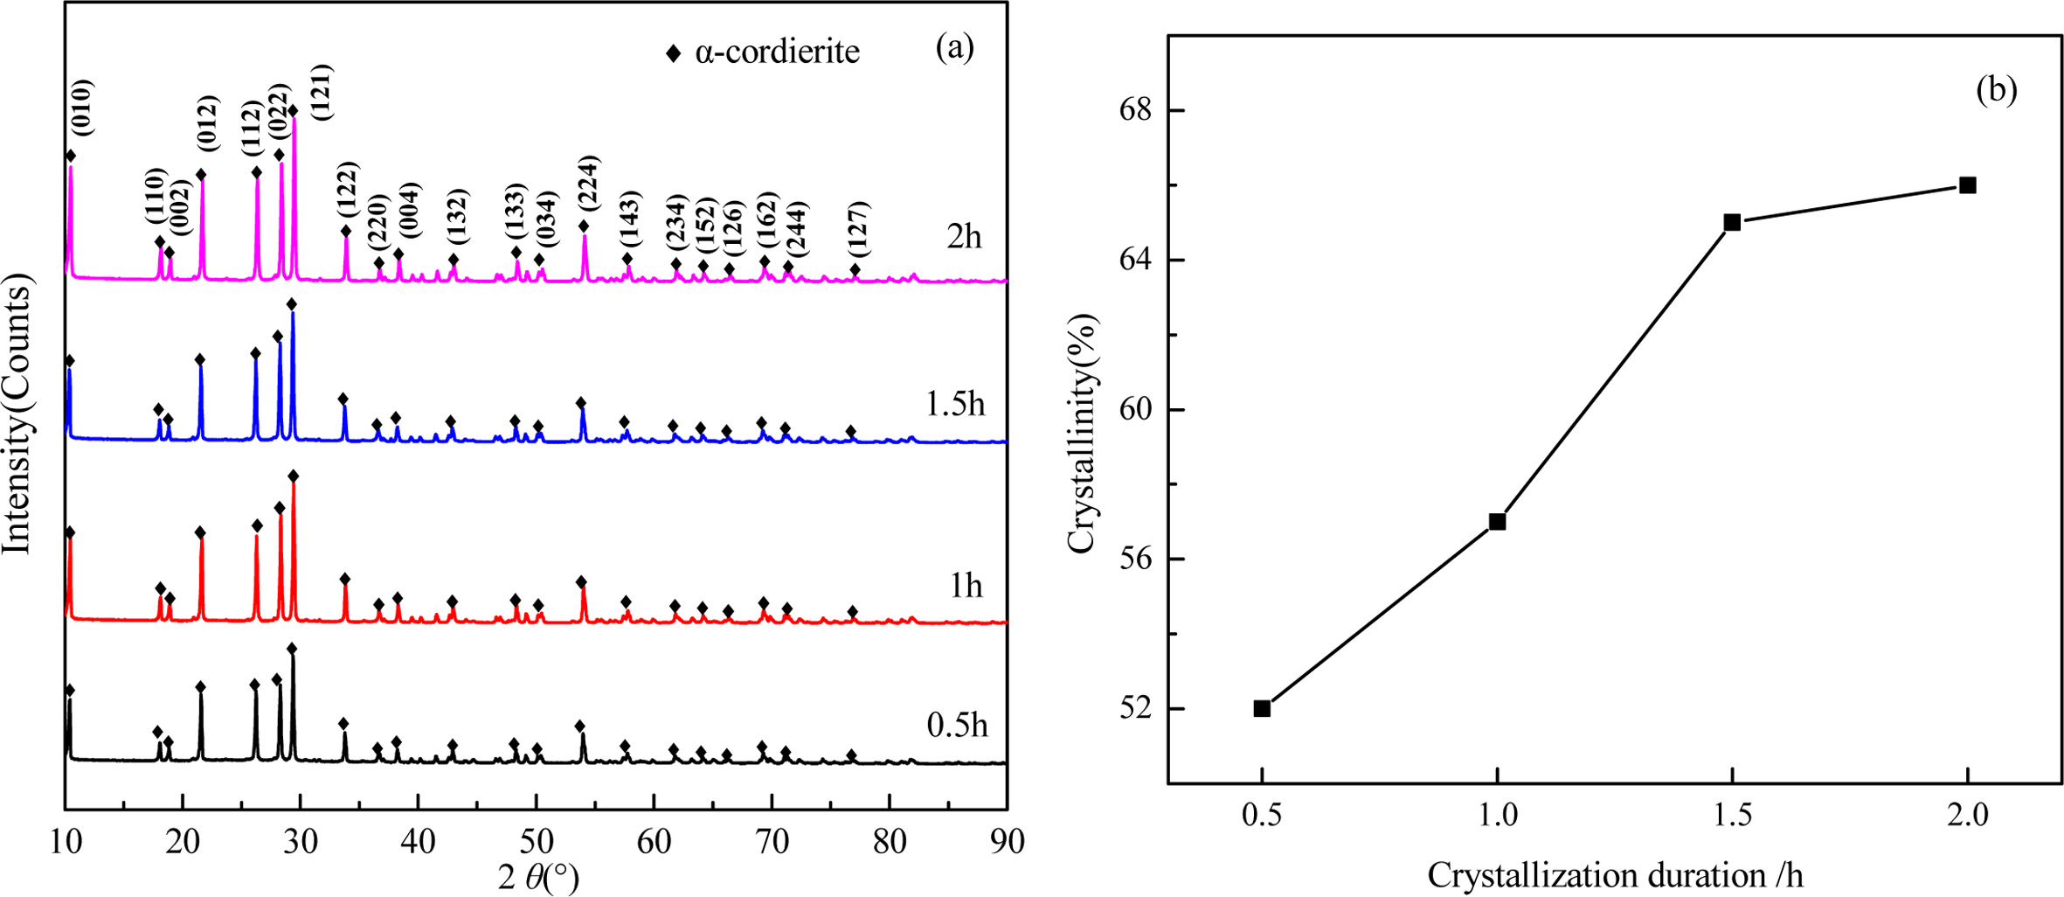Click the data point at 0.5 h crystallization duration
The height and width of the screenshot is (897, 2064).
(x=1262, y=708)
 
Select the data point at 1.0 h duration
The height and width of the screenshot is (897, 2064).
(x=1497, y=522)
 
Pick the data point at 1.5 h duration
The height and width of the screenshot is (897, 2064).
(x=1732, y=223)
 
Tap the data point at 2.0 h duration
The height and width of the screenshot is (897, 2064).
(x=1968, y=185)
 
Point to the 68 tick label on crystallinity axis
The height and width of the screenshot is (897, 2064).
(x=1135, y=111)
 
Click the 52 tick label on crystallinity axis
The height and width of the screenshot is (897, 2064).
(x=1135, y=708)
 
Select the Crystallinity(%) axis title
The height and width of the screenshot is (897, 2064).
(x=1081, y=434)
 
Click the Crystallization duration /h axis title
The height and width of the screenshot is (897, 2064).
(x=1615, y=875)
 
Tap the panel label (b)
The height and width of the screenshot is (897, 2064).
(x=1996, y=90)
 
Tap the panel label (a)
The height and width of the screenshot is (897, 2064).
(x=954, y=47)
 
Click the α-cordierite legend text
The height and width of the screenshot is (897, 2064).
(x=777, y=52)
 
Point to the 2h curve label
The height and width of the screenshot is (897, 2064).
(x=964, y=236)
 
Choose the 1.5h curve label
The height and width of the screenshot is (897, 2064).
(x=955, y=404)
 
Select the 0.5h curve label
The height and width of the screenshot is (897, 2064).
(x=957, y=725)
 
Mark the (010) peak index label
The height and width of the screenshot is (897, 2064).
(x=81, y=107)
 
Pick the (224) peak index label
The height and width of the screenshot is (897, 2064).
(x=587, y=183)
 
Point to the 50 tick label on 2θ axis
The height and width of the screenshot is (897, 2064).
(x=536, y=841)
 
